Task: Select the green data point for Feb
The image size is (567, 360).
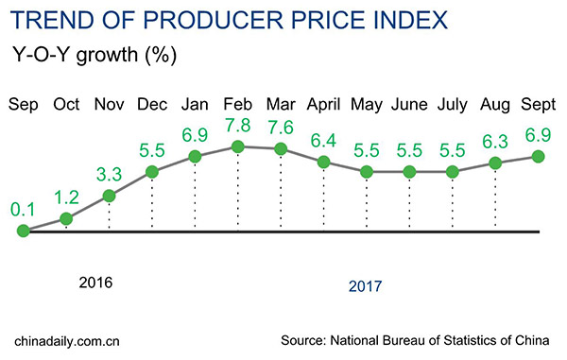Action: (237, 146)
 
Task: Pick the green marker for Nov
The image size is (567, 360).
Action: (109, 197)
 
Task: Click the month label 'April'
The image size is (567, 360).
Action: (323, 102)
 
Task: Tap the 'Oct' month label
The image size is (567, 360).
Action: (66, 102)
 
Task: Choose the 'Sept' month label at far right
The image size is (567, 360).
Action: (540, 102)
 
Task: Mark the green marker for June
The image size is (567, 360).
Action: (409, 172)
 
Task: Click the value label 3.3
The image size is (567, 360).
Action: (109, 175)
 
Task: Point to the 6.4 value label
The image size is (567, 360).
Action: (323, 141)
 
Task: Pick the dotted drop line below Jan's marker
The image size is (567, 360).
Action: (195, 194)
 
